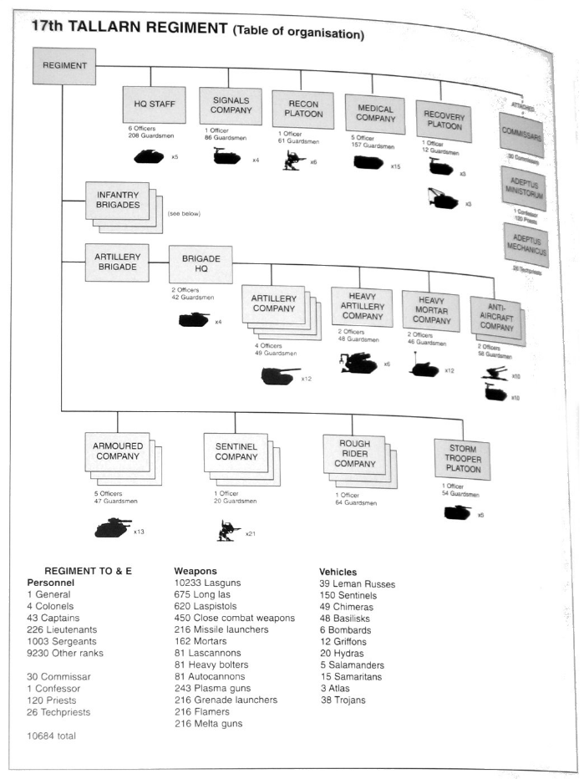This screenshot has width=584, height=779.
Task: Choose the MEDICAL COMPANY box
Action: click(374, 114)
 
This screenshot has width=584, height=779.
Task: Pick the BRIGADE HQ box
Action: click(201, 264)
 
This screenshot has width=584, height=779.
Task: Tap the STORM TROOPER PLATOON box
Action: click(462, 459)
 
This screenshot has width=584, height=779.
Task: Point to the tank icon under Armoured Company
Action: click(112, 527)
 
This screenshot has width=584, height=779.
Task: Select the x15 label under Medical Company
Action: click(395, 166)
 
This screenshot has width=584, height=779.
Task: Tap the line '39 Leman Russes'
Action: click(357, 584)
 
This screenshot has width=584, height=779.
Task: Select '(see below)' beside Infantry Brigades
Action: click(184, 213)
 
